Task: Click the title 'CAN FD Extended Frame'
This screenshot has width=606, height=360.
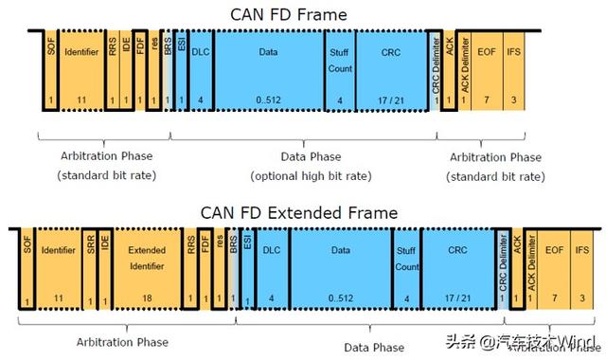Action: click(x=298, y=213)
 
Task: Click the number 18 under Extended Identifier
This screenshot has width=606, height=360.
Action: click(x=147, y=299)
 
